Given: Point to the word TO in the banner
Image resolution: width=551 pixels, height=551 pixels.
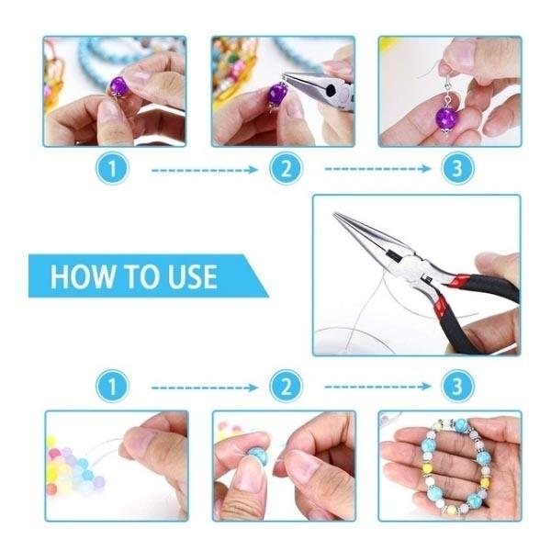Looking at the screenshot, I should click(x=136, y=275).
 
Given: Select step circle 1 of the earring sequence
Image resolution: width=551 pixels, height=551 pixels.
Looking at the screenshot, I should click(x=113, y=168).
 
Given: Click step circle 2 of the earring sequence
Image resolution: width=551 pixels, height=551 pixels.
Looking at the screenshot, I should click(x=286, y=168).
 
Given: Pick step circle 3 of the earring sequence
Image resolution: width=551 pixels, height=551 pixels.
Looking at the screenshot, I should click(x=453, y=168).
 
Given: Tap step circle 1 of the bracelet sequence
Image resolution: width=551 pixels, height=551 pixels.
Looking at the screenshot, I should click(x=113, y=387).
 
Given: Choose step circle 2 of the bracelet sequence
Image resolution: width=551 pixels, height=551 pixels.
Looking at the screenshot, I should click(x=286, y=387).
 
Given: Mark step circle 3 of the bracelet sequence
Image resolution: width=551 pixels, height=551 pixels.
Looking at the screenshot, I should click(x=453, y=387).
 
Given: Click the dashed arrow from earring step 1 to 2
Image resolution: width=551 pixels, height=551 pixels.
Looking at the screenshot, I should click(x=204, y=169).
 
